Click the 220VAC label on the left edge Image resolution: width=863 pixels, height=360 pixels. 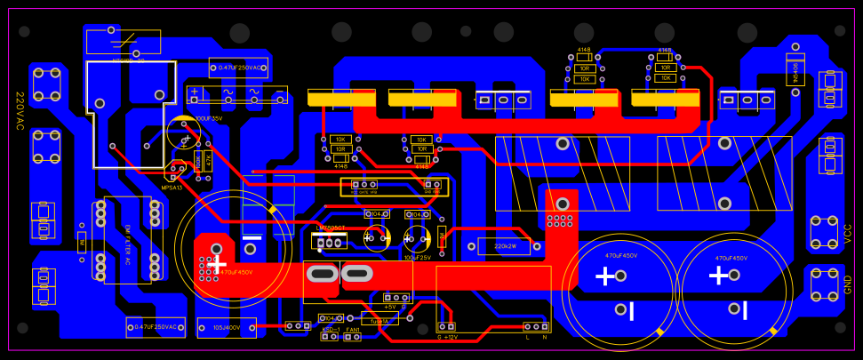tap(20, 111)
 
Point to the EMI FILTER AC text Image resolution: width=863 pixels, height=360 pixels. tap(127, 244)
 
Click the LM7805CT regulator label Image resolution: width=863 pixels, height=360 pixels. tap(330, 228)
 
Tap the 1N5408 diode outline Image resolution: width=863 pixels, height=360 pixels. tap(795, 67)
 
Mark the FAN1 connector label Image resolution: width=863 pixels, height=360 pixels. tap(353, 330)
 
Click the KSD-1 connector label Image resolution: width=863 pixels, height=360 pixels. tap(331, 330)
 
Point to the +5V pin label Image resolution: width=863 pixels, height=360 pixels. tap(389, 307)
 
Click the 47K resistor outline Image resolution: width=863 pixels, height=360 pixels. tap(209, 161)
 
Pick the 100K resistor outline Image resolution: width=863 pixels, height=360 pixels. tap(197, 161)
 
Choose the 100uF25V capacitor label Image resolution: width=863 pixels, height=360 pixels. tap(416, 258)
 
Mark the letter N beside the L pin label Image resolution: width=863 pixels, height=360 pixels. tap(544, 338)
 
